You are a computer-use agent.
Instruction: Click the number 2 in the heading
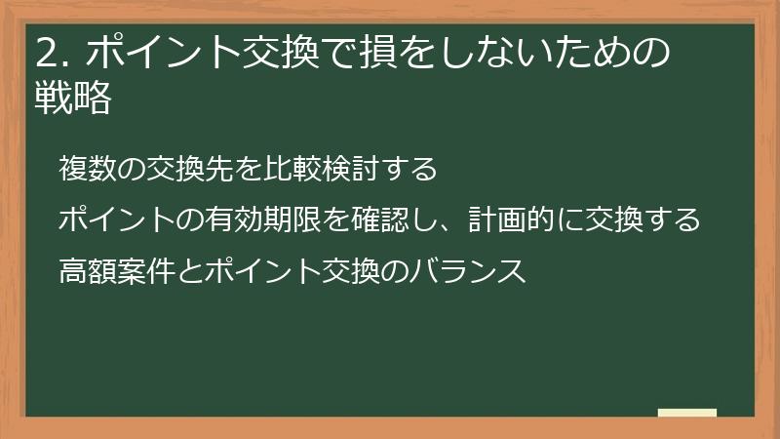click(46, 55)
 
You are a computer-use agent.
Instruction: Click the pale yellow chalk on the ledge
click(687, 413)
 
